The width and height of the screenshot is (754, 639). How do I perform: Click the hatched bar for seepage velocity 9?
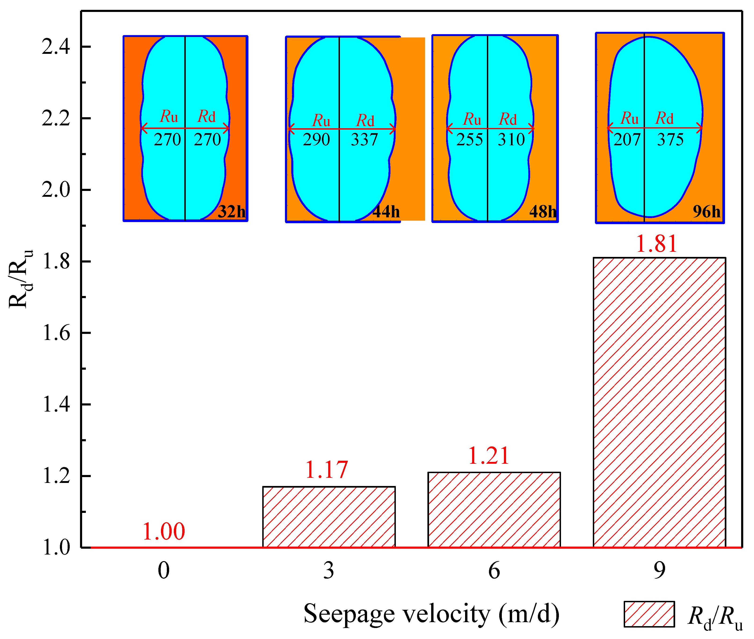[x=659, y=402]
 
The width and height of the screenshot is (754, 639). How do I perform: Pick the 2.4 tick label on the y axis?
[x=56, y=47]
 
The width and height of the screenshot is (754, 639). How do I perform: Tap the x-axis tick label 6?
[x=494, y=571]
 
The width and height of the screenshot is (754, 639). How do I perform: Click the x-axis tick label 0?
[x=164, y=571]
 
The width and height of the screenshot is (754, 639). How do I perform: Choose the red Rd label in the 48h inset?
[x=508, y=120]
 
